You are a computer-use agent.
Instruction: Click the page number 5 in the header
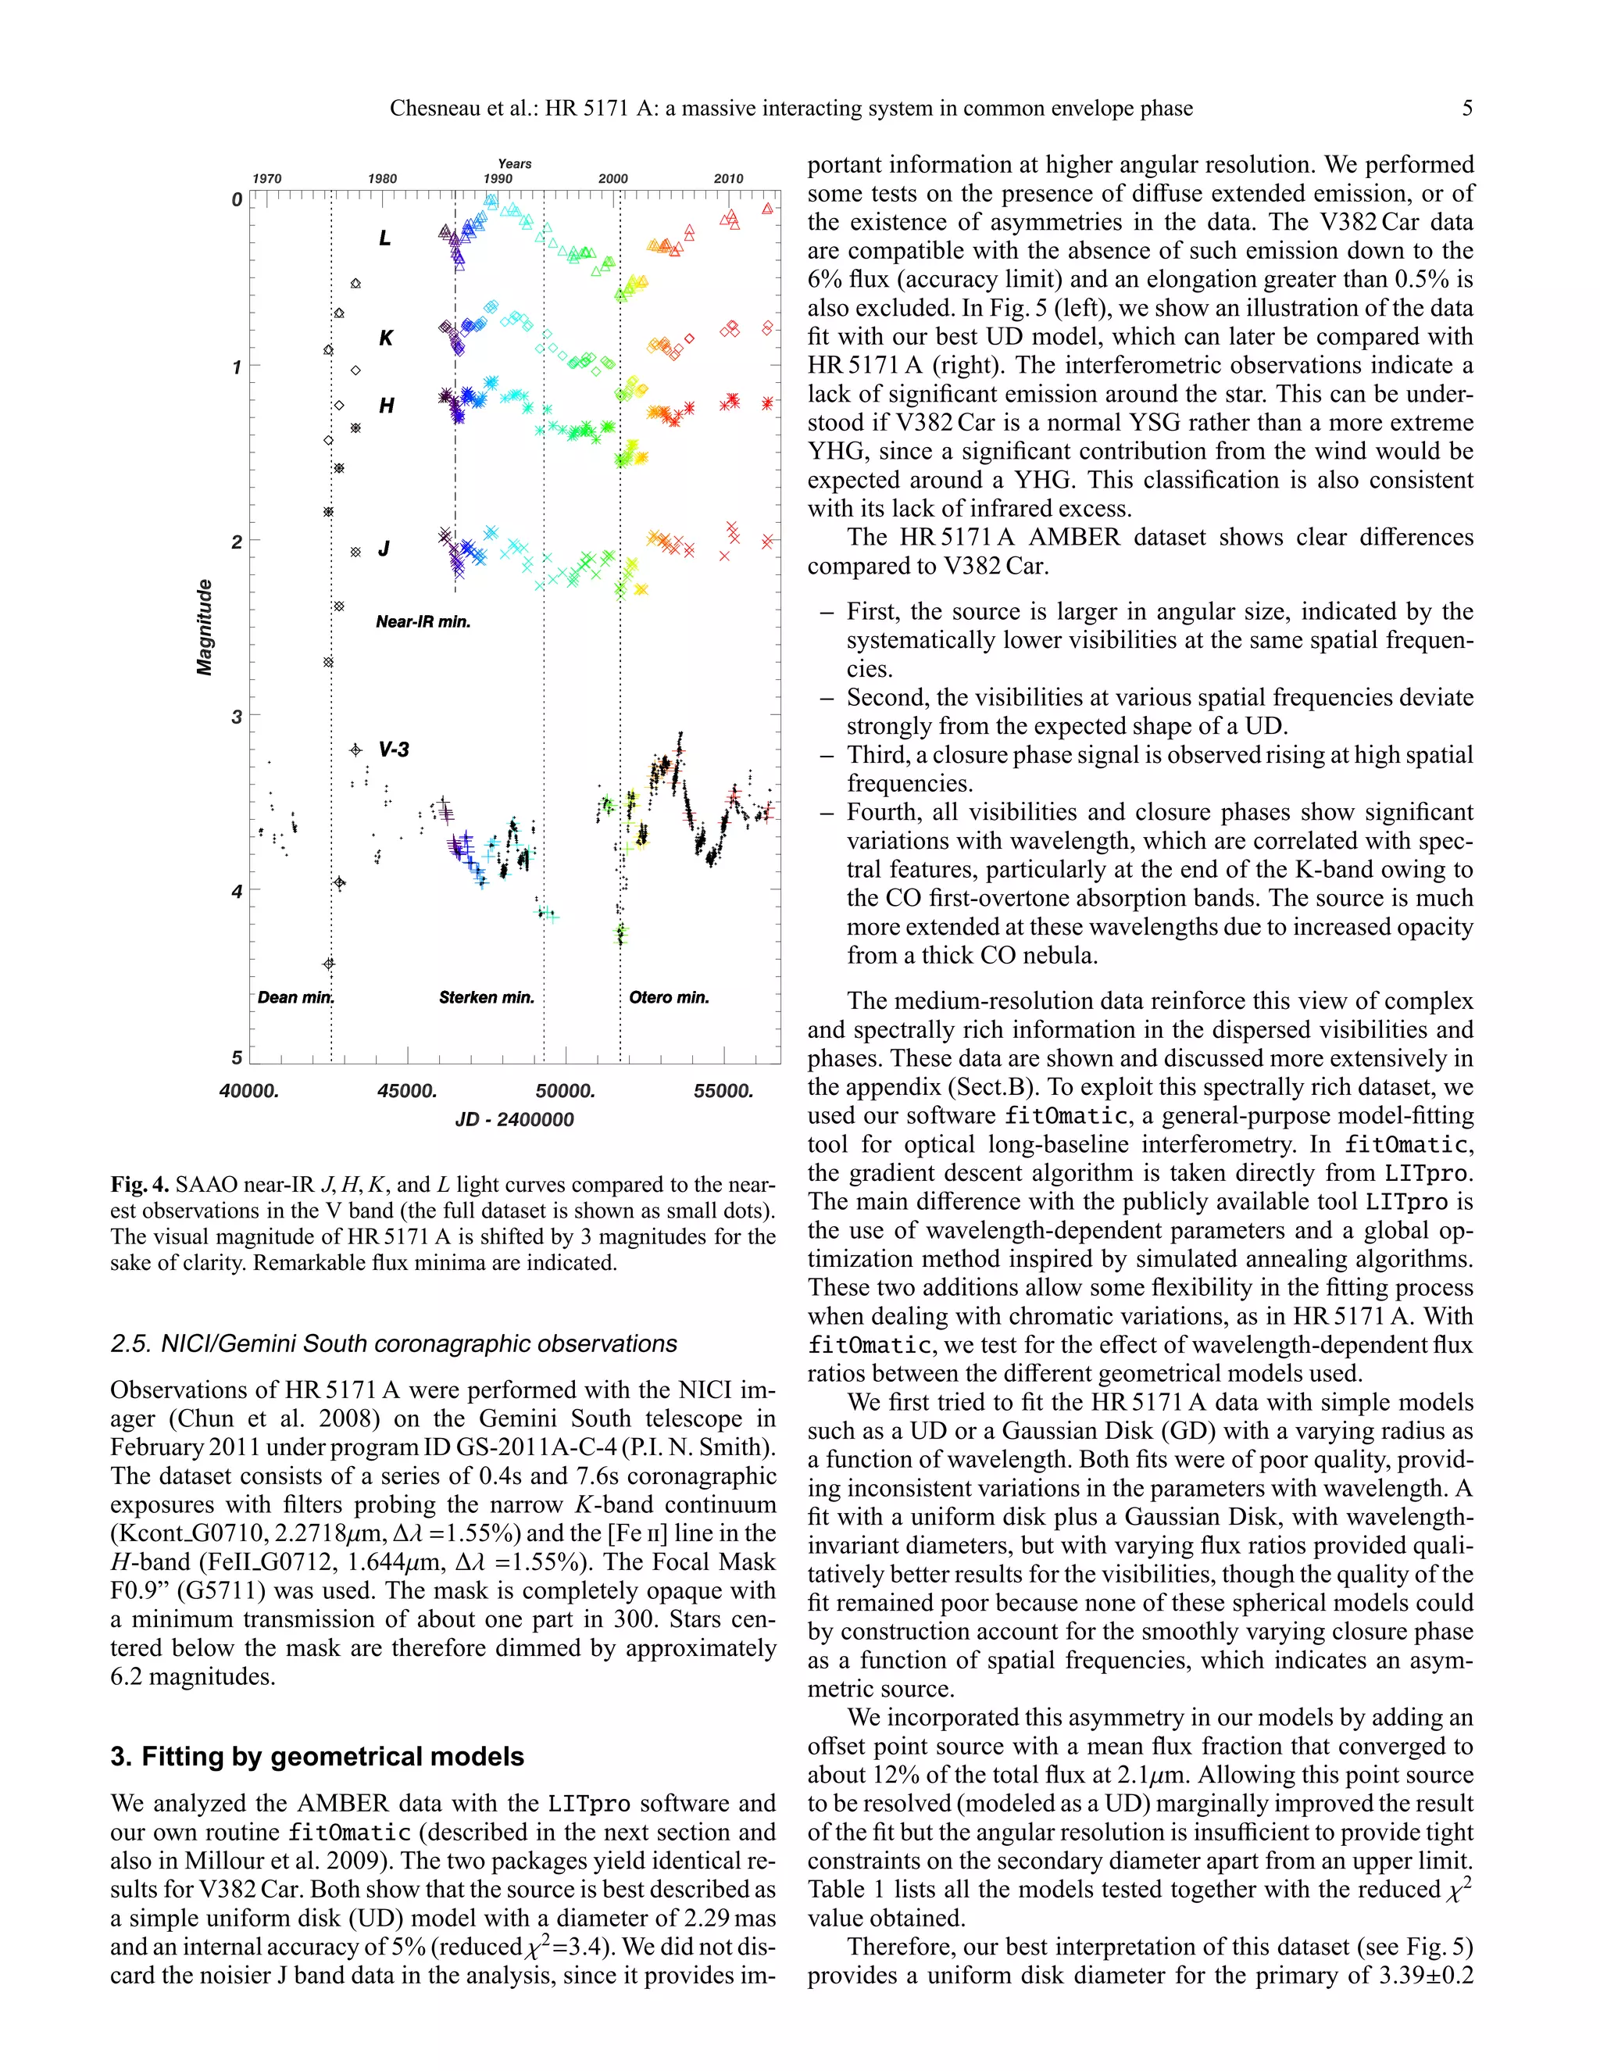pos(1466,108)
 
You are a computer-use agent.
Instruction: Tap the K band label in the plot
pos(386,338)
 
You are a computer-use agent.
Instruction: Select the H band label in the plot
pos(386,406)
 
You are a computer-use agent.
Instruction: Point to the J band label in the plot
pos(384,548)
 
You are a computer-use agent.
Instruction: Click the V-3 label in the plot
pos(394,749)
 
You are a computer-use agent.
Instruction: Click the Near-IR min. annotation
pos(423,622)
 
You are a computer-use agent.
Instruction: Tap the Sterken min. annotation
pos(486,996)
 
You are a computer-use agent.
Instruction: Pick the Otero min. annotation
pos(668,996)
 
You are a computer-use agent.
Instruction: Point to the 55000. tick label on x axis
pos(723,1090)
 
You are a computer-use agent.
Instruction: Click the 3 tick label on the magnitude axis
pos(237,717)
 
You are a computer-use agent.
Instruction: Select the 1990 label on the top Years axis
pos(498,178)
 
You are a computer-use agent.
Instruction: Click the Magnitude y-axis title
pos(205,627)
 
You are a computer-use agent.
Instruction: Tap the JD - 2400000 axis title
pos(515,1119)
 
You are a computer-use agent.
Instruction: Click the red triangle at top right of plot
pos(768,209)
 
